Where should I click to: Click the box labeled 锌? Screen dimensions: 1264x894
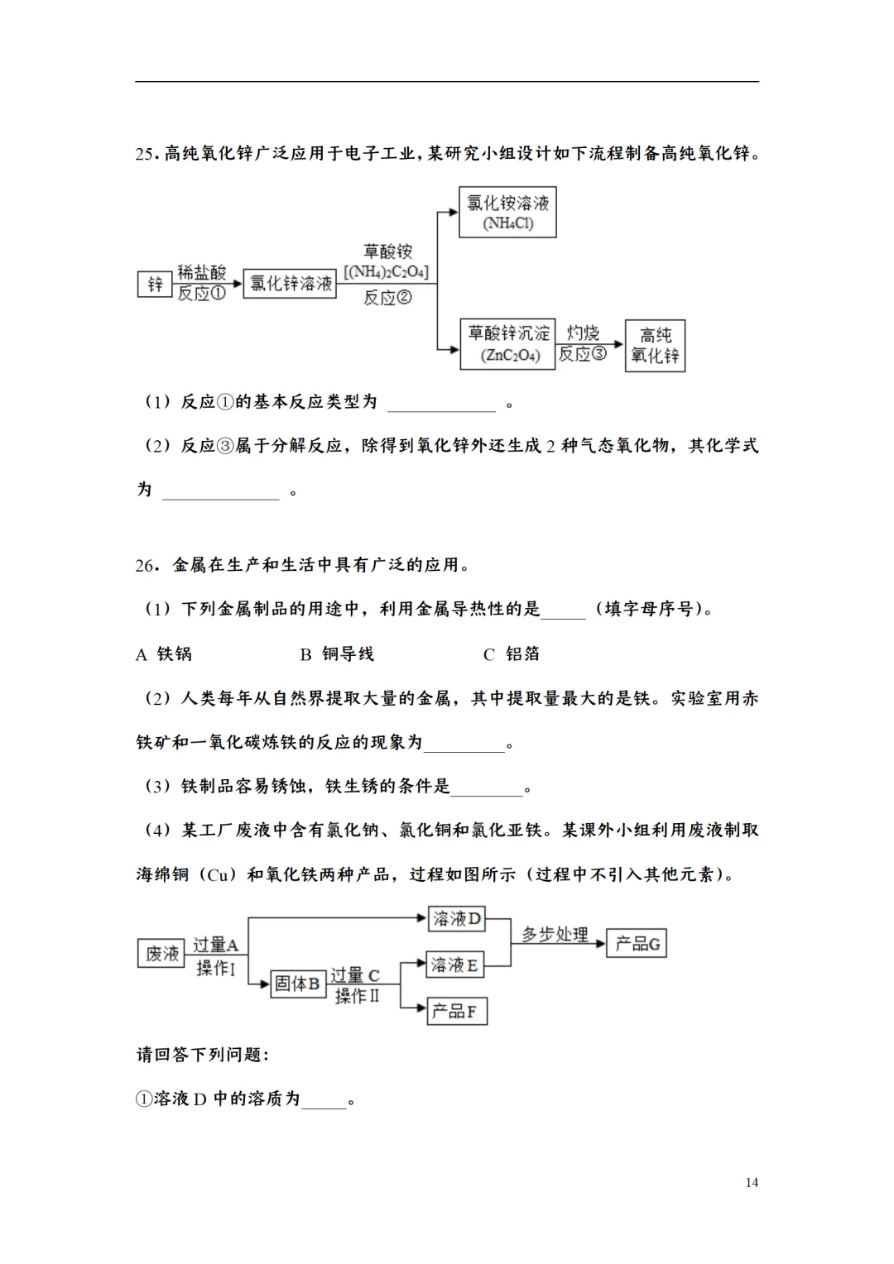[x=155, y=285]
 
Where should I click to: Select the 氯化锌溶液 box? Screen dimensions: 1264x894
[x=291, y=284]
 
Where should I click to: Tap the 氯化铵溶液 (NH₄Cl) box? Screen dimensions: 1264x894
[x=507, y=213]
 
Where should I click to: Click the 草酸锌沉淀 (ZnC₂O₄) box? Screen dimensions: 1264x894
[x=507, y=344]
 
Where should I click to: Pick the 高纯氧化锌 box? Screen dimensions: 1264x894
[x=655, y=346]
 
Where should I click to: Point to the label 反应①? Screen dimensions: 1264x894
[x=201, y=294]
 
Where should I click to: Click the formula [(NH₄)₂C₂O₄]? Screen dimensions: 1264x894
[x=386, y=272]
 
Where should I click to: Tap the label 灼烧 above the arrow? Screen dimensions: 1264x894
[x=583, y=333]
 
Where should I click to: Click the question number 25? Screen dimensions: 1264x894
[x=145, y=154]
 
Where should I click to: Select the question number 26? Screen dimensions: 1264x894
[x=145, y=566]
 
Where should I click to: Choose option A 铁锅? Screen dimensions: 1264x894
[x=164, y=654]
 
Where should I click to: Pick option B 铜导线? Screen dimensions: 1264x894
[x=337, y=654]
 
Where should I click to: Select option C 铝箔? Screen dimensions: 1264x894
[x=512, y=654]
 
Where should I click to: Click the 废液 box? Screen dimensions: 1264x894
[x=161, y=954]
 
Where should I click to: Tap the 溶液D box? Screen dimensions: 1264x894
[x=456, y=919]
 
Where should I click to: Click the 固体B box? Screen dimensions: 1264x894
[x=297, y=984]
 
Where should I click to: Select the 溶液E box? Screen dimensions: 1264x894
[x=454, y=965]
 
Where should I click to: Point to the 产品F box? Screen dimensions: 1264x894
[x=456, y=1011]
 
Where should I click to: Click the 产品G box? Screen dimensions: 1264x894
[x=637, y=944]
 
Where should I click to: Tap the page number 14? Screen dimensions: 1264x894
[x=752, y=1183]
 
